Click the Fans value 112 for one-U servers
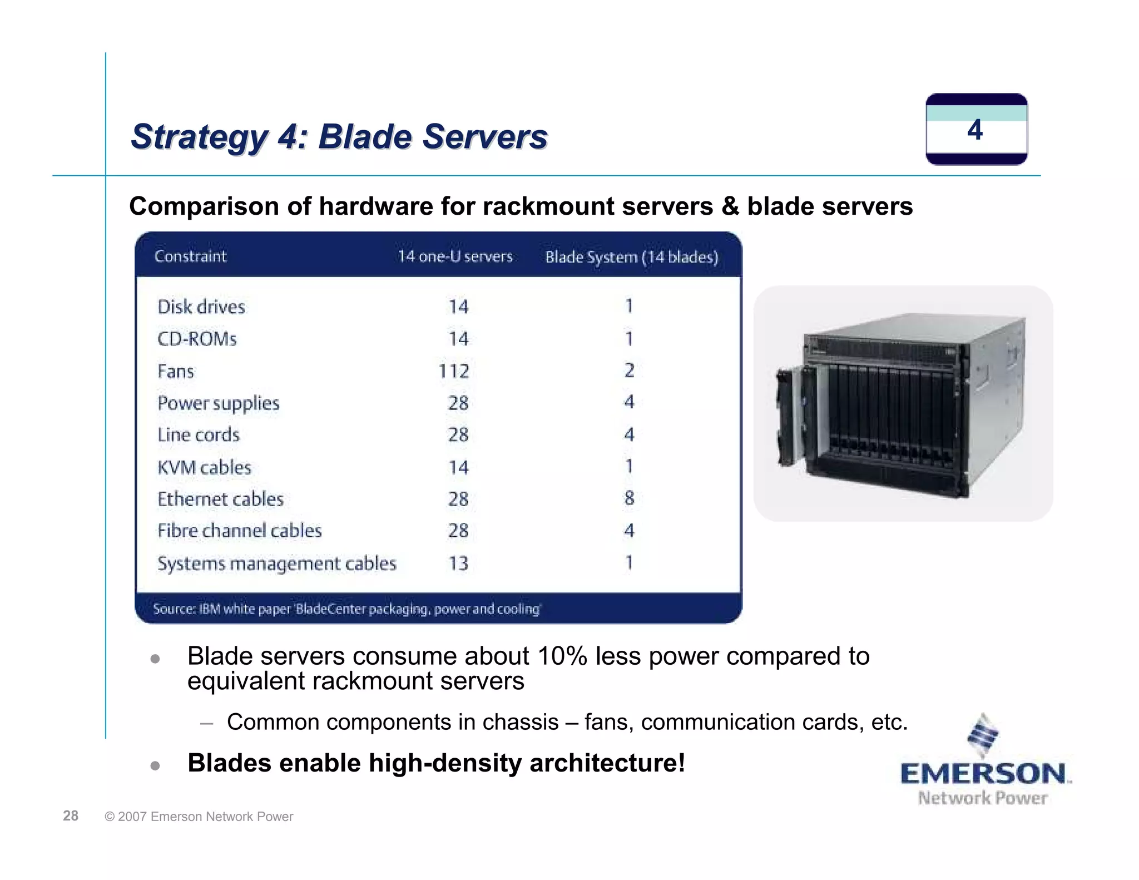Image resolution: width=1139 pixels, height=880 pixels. (454, 371)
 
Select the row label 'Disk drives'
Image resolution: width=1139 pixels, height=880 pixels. (201, 307)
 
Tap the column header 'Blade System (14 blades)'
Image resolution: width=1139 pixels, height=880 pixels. (632, 257)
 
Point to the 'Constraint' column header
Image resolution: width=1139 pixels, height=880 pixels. (190, 256)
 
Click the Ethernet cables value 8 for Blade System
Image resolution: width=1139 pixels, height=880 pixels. (629, 498)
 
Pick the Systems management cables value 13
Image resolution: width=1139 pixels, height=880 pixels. (458, 563)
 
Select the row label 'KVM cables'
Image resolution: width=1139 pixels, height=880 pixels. (204, 467)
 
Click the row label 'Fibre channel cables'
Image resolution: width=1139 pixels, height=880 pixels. (240, 531)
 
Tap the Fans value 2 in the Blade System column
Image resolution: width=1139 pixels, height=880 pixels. (629, 370)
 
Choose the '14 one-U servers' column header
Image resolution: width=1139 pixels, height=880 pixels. (455, 256)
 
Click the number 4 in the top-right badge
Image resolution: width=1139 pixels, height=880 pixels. (975, 130)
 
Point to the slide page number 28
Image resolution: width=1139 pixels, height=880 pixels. (71, 815)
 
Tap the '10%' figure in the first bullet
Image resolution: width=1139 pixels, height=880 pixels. (562, 656)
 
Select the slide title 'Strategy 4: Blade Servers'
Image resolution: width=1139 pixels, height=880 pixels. (339, 137)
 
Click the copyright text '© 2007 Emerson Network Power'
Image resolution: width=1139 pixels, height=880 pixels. (199, 817)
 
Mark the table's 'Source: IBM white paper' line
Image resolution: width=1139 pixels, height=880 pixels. (346, 609)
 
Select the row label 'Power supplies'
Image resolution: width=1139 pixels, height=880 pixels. (218, 403)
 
